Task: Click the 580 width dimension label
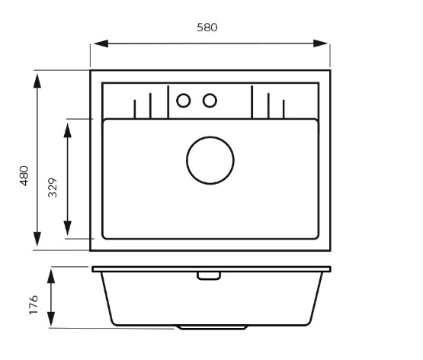coord(207,27)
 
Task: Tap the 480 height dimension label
coord(24,175)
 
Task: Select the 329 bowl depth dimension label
coord(53,188)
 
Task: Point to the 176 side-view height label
coord(34,304)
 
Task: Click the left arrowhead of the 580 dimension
coord(101,43)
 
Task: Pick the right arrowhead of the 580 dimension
coord(320,43)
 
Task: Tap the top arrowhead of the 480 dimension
coord(37,81)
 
